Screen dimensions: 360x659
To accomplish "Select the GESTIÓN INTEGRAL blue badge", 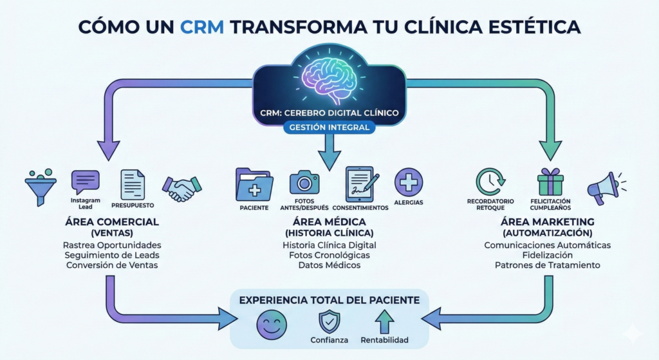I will [x=329, y=128].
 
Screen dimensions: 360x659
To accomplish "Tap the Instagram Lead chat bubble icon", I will [x=86, y=182].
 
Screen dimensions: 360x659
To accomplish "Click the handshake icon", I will [x=182, y=187].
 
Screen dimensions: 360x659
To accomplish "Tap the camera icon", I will [x=304, y=182].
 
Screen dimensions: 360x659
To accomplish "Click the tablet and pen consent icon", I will [x=361, y=183].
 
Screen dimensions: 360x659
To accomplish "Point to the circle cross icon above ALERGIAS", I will [x=409, y=182].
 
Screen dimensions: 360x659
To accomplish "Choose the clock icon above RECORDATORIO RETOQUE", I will [x=490, y=182].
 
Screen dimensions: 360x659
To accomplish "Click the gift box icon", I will [x=550, y=182].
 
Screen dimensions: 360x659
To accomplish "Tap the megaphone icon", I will [x=604, y=185].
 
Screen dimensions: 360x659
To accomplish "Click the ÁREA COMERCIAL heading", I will [x=112, y=222].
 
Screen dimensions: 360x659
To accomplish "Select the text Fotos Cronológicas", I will [x=329, y=255].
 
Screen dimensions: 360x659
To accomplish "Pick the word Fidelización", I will [x=547, y=255].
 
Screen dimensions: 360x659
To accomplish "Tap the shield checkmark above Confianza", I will [x=329, y=321].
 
